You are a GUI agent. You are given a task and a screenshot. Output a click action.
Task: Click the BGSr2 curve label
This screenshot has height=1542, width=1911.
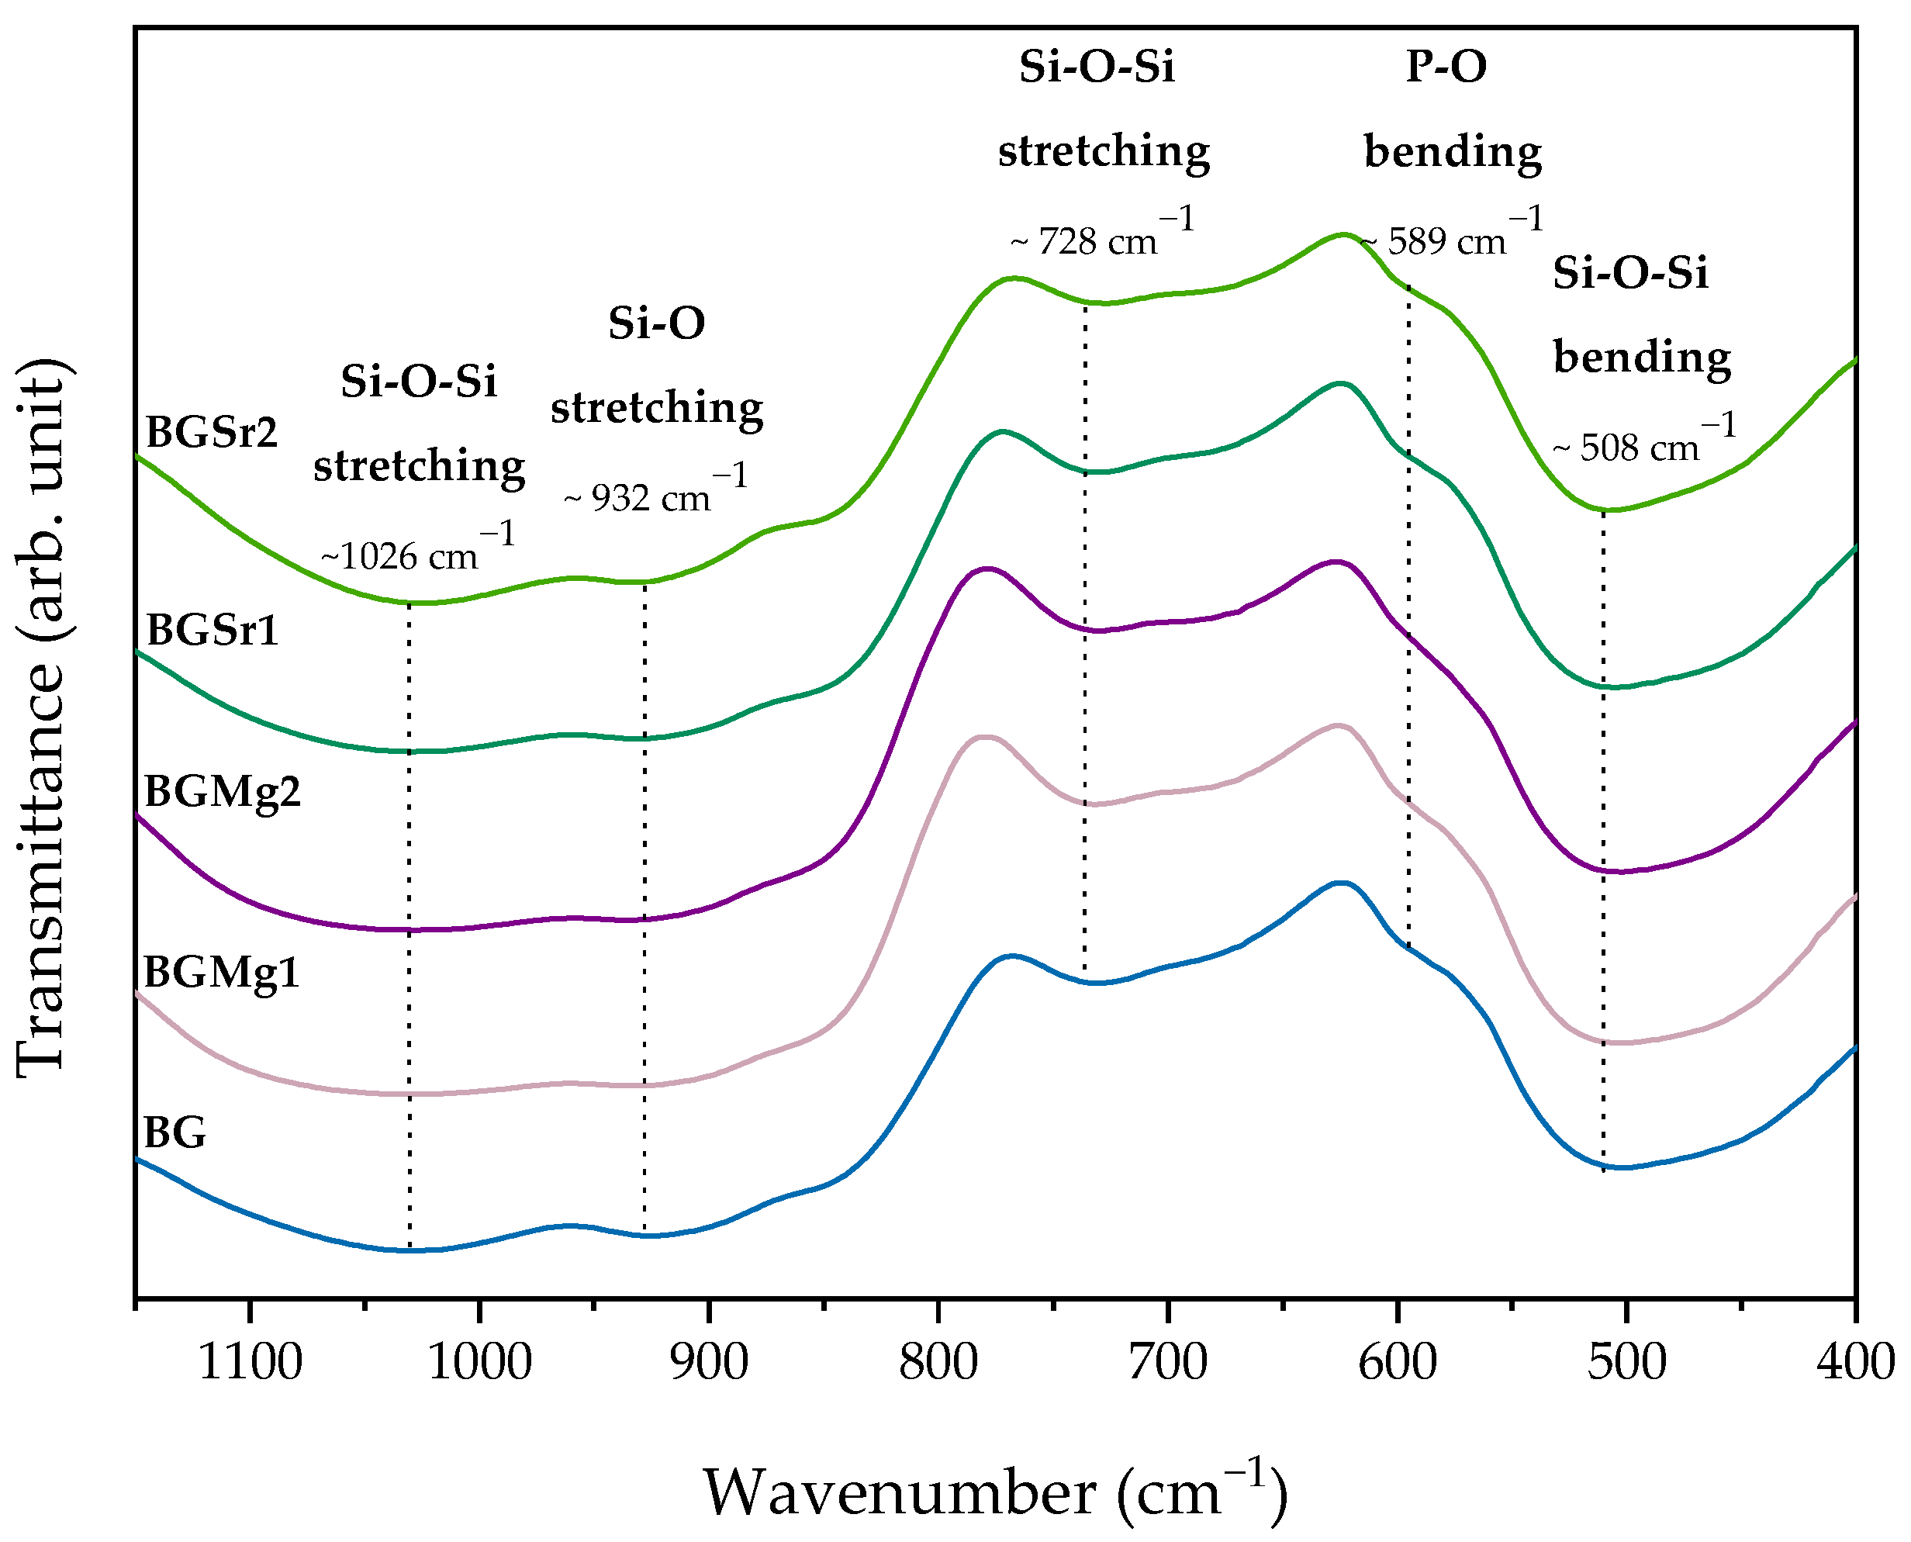(212, 434)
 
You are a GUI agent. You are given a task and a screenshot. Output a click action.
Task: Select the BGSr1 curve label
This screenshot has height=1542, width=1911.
(213, 631)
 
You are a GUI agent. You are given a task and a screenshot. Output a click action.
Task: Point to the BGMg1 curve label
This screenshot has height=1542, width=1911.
(221, 973)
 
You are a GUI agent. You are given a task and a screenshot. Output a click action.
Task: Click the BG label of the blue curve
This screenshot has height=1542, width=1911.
(175, 1133)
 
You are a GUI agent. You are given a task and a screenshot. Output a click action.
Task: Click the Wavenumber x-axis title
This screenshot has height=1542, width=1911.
(994, 1492)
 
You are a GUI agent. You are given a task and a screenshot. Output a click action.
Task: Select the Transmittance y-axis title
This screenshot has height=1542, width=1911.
(41, 720)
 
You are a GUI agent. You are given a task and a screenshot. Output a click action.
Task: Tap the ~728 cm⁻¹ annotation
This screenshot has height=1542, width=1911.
(1102, 237)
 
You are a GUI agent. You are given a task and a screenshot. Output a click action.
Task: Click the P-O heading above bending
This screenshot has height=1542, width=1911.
(1446, 67)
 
